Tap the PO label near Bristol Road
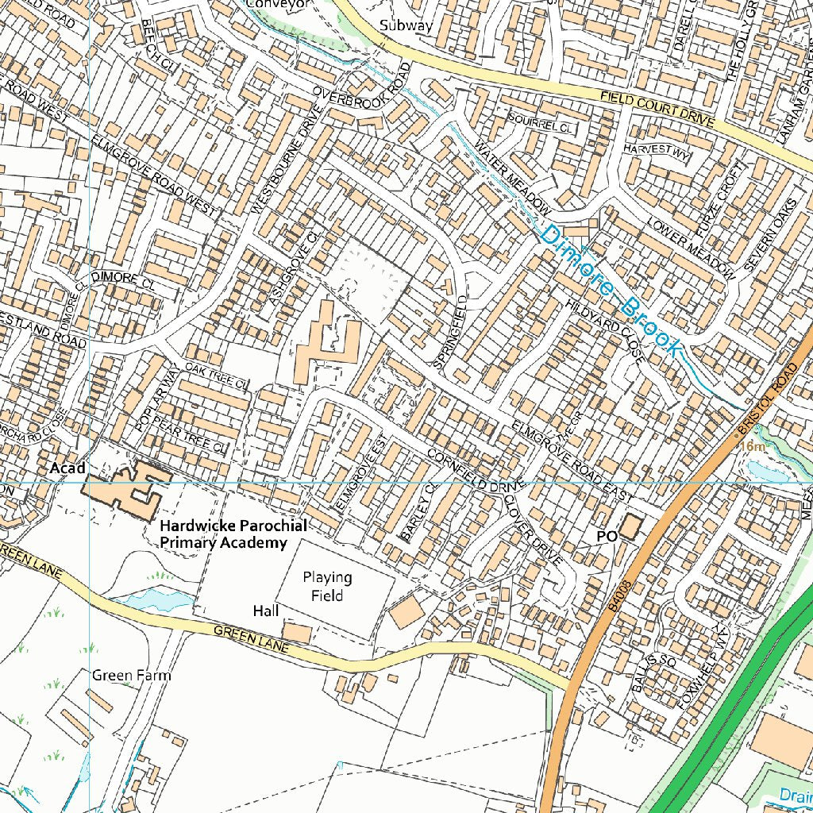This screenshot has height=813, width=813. pyautogui.click(x=606, y=538)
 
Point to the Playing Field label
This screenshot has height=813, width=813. pyautogui.click(x=327, y=586)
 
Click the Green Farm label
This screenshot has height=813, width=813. pyautogui.click(x=131, y=676)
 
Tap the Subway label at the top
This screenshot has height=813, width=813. pyautogui.click(x=406, y=25)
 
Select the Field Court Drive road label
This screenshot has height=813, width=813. pyautogui.click(x=657, y=110)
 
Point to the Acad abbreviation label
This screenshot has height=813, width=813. pyautogui.click(x=67, y=468)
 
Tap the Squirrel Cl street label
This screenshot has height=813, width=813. pyautogui.click(x=540, y=125)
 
